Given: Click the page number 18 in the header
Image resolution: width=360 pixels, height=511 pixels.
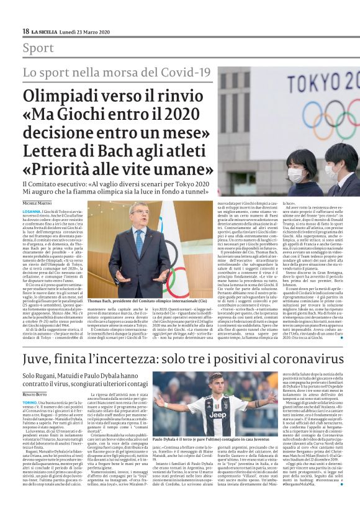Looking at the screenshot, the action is tap(25, 31).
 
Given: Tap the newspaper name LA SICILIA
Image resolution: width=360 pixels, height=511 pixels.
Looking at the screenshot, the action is tap(44, 31).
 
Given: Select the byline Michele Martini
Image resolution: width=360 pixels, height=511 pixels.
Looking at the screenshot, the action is tap(38, 203).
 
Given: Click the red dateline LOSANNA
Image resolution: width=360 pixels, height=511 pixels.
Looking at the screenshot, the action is tap(32, 212).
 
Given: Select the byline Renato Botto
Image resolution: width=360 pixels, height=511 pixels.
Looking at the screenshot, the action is tap(36, 394).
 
